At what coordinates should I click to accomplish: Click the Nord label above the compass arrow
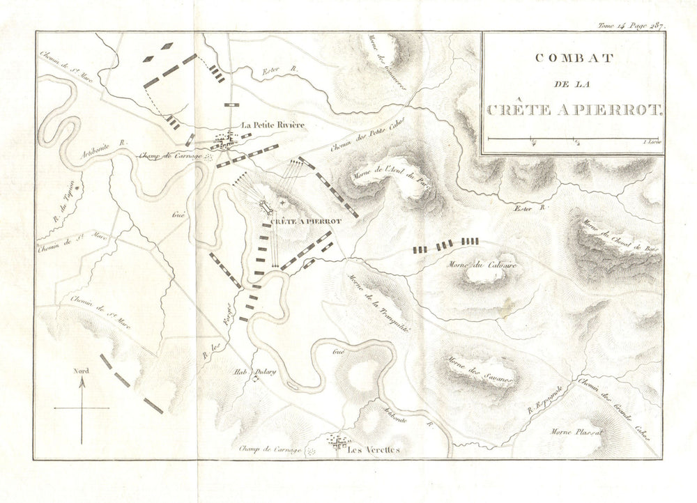(81, 371)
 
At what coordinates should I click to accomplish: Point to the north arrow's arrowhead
(82, 380)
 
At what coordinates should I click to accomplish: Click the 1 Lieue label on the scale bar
(652, 142)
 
